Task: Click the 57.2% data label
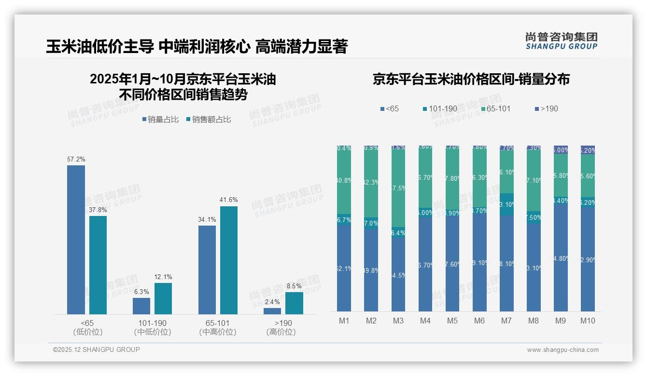(76, 159)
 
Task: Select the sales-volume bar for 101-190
(141, 306)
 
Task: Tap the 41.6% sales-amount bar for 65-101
(229, 260)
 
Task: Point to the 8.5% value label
(294, 286)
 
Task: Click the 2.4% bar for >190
(272, 311)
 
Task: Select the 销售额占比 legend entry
(208, 120)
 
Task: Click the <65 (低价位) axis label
(88, 327)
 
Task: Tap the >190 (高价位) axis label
(281, 327)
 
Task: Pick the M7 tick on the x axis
(506, 321)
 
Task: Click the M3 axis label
(398, 321)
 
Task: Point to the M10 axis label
(588, 321)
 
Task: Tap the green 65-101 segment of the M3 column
(398, 188)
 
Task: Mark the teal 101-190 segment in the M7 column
(506, 204)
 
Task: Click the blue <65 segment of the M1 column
(344, 268)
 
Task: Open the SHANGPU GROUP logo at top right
(561, 41)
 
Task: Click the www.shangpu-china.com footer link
(563, 350)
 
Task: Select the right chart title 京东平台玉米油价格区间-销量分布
(471, 80)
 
